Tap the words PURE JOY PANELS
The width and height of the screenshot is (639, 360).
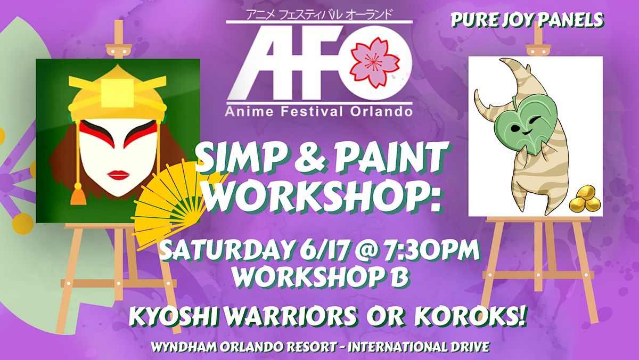527,20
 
